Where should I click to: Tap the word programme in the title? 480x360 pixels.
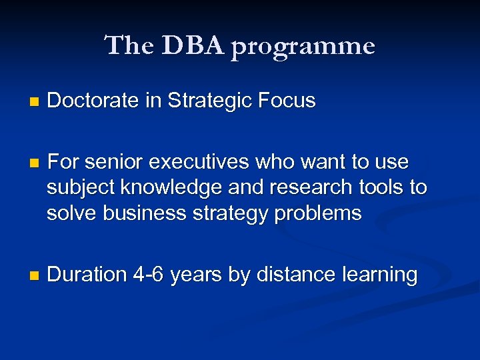tap(303, 47)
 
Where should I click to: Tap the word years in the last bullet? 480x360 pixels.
tap(196, 275)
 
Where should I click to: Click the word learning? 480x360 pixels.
tap(379, 275)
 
